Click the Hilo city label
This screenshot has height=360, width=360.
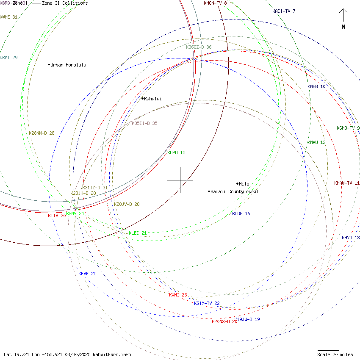244,184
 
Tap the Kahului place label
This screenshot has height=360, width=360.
152,99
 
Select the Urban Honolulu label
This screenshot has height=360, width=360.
68,65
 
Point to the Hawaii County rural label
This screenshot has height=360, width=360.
234,191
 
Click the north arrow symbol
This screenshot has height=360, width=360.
343,19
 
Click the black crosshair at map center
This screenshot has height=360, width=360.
180,180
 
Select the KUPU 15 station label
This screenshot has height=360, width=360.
176,152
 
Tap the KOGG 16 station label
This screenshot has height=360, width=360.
241,213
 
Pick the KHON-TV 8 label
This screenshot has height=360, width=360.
215,3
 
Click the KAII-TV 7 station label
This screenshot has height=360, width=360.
284,11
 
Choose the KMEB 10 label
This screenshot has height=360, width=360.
316,86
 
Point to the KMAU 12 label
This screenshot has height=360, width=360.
316,142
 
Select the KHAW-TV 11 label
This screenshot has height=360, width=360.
346,183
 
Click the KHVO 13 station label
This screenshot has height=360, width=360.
351,238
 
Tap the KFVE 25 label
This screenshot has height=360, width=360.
87,274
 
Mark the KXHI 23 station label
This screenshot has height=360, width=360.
178,295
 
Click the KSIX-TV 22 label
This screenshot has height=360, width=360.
207,303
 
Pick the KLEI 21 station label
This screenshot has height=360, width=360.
138,233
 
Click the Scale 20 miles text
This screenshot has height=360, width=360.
335,354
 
